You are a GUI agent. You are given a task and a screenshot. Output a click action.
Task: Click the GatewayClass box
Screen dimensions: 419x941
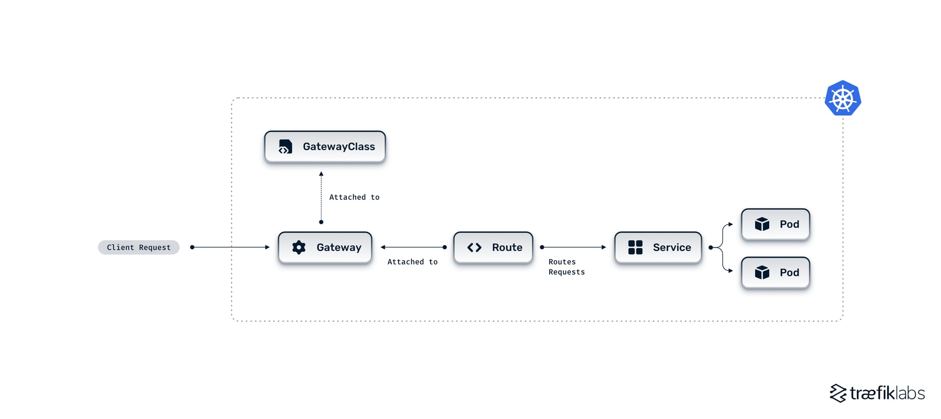(x=325, y=147)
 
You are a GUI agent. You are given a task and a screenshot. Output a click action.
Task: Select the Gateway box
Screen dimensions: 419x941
(x=325, y=247)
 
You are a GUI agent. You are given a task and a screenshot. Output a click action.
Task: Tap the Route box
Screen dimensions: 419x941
(x=493, y=247)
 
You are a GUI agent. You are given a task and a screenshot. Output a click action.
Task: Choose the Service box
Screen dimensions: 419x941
(x=658, y=247)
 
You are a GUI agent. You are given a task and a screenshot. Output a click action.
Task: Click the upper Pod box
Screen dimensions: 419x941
(x=775, y=224)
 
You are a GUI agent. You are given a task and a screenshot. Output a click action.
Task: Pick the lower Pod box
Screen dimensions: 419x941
(x=775, y=273)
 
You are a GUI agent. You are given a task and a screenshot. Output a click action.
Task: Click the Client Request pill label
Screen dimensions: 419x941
(x=139, y=247)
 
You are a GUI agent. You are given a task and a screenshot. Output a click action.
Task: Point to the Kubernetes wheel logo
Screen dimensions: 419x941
(x=843, y=98)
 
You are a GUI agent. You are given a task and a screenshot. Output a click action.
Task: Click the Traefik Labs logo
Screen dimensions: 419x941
(x=877, y=393)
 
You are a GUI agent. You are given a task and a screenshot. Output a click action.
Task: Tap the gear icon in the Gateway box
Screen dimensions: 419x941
(x=299, y=247)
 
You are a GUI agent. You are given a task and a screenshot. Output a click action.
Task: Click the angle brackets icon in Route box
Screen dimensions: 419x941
(x=474, y=247)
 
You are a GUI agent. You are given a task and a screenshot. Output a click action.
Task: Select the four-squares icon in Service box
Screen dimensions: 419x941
(x=635, y=247)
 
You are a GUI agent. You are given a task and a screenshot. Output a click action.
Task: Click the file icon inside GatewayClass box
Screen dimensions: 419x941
(x=285, y=147)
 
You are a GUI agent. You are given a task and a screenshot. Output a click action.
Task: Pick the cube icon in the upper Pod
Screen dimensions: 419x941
(x=762, y=224)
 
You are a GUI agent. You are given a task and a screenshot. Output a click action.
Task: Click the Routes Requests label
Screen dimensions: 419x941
(x=566, y=267)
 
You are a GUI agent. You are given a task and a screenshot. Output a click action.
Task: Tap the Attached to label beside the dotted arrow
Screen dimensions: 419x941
(x=354, y=198)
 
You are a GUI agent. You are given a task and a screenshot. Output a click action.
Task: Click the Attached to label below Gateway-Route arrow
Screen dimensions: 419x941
(x=412, y=262)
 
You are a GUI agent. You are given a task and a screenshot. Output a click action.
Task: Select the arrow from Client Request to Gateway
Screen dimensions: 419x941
(x=231, y=247)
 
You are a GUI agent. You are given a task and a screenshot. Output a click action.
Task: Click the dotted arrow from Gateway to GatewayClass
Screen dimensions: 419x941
(x=321, y=198)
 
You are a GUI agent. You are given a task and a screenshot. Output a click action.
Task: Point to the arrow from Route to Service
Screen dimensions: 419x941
(x=574, y=247)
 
